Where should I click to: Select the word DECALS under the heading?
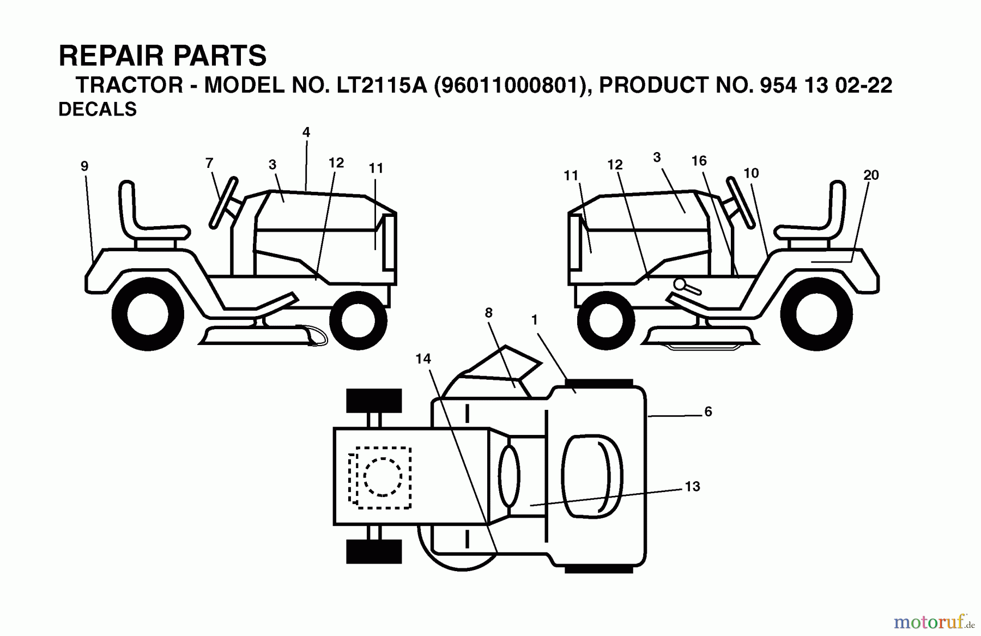coord(98,110)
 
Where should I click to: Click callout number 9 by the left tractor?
coord(84,166)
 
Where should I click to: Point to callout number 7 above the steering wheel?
coord(209,162)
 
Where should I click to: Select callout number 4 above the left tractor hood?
coord(306,132)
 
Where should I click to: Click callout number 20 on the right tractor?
coord(871,175)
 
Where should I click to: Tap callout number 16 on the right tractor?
coord(699,161)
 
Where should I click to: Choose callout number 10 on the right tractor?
coord(750,173)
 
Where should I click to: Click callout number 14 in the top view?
coord(423,359)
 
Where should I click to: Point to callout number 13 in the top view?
coord(692,486)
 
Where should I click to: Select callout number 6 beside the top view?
coord(708,411)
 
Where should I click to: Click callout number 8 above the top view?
coord(488,313)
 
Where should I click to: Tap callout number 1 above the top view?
coord(534,320)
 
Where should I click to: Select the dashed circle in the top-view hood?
coord(383,477)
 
